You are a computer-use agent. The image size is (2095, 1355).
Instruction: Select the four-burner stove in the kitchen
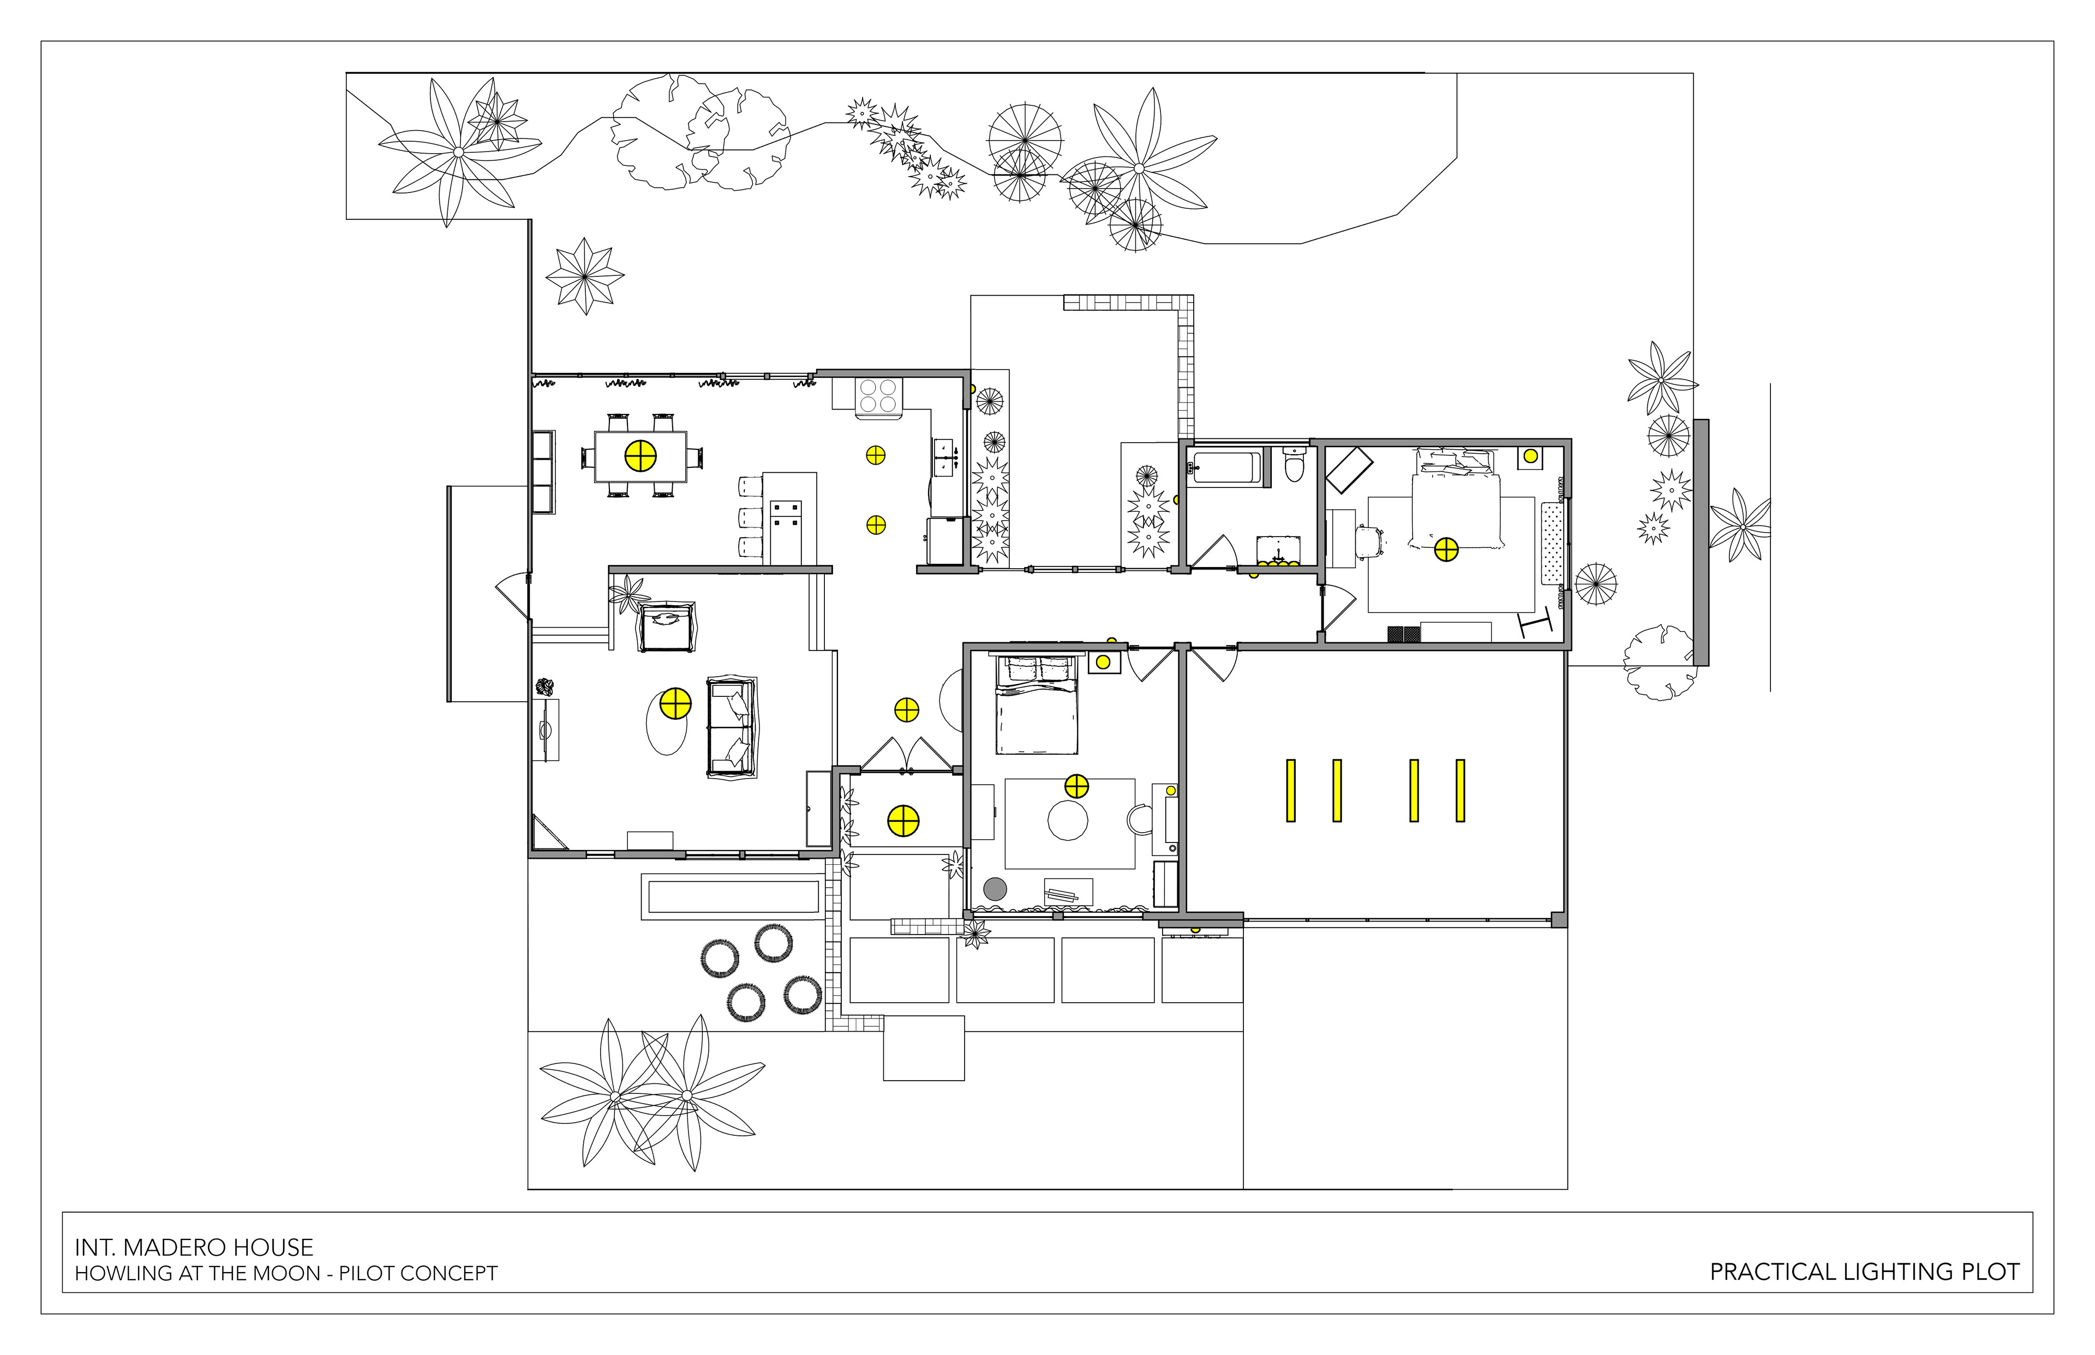pos(878,395)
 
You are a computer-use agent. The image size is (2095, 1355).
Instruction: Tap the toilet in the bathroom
pos(1293,466)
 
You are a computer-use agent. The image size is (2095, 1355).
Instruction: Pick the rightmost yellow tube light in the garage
pos(1460,790)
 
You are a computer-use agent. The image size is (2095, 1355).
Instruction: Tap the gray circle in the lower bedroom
pos(995,889)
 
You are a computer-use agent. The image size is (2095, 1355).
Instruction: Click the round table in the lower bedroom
pos(1068,820)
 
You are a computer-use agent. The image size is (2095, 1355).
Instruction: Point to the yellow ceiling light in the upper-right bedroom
pos(1446,550)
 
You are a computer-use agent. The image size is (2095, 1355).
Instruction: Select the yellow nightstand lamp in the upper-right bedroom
pos(1531,456)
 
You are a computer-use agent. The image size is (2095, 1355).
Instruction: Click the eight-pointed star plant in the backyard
pos(584,275)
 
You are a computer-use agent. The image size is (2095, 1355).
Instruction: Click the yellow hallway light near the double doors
pos(907,710)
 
